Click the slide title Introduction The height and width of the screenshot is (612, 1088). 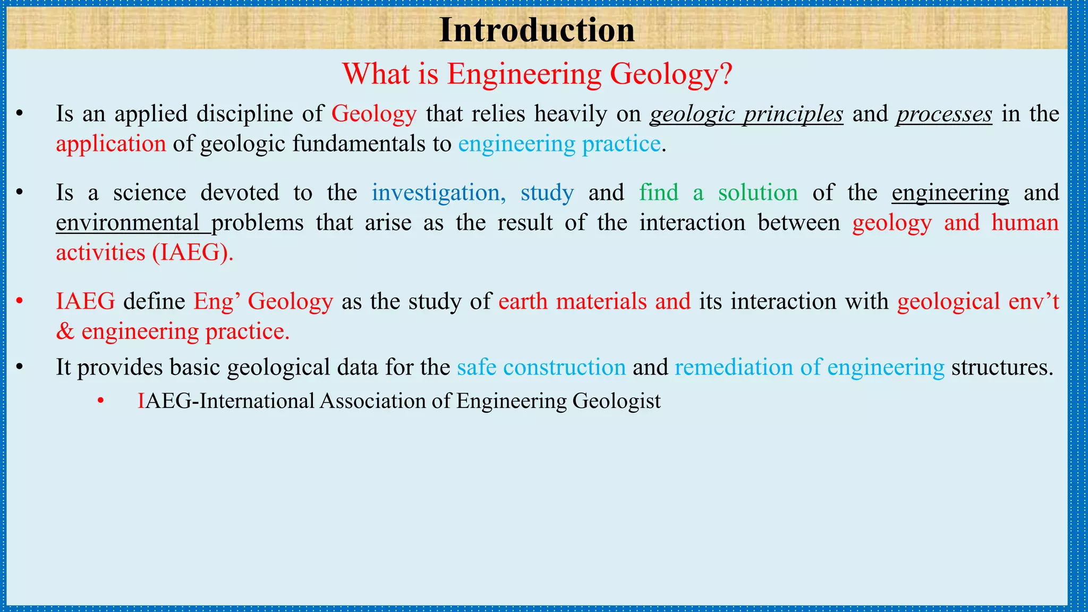tap(537, 30)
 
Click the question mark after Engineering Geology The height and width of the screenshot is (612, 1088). tap(726, 74)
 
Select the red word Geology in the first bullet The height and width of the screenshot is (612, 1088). tap(374, 114)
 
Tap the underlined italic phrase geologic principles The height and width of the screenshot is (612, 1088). tap(746, 114)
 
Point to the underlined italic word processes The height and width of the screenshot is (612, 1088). tap(944, 114)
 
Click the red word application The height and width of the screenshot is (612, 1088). tap(111, 144)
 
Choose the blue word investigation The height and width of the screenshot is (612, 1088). tap(438, 193)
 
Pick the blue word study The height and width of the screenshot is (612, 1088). tap(547, 193)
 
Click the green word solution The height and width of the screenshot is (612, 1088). tap(758, 193)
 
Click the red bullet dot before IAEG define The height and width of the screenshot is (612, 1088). tap(20, 302)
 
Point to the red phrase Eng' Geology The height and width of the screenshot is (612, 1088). tap(263, 302)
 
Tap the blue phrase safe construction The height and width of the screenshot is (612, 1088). tap(541, 368)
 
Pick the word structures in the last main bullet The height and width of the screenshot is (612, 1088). tap(1001, 368)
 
